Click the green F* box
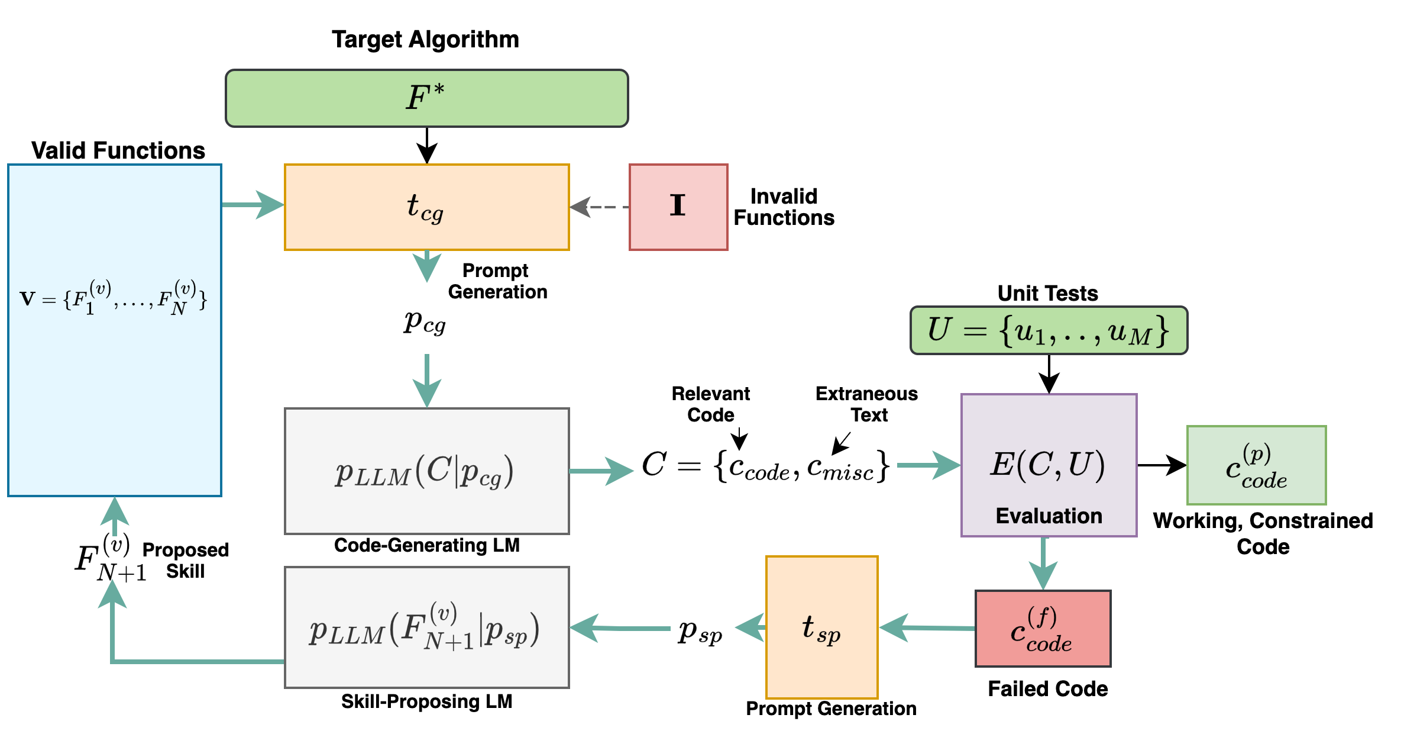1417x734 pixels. pyautogui.click(x=426, y=98)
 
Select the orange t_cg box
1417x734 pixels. pyautogui.click(x=426, y=207)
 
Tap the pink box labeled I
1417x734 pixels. pyautogui.click(x=678, y=207)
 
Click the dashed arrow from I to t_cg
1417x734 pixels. pyautogui.click(x=600, y=207)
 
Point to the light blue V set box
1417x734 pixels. pyautogui.click(x=114, y=385)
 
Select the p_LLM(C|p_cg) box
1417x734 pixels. pyautogui.click(x=426, y=471)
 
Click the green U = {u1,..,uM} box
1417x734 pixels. pyautogui.click(x=1048, y=330)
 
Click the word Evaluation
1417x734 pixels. pyautogui.click(x=1049, y=516)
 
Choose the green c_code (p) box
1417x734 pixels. pyautogui.click(x=1256, y=465)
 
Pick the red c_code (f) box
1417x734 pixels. pyautogui.click(x=1043, y=629)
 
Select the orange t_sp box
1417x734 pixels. pyautogui.click(x=821, y=627)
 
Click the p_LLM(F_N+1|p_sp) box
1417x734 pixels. pyautogui.click(x=426, y=627)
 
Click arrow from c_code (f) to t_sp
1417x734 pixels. pyautogui.click(x=927, y=627)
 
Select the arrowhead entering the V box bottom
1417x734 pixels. pyautogui.click(x=115, y=513)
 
